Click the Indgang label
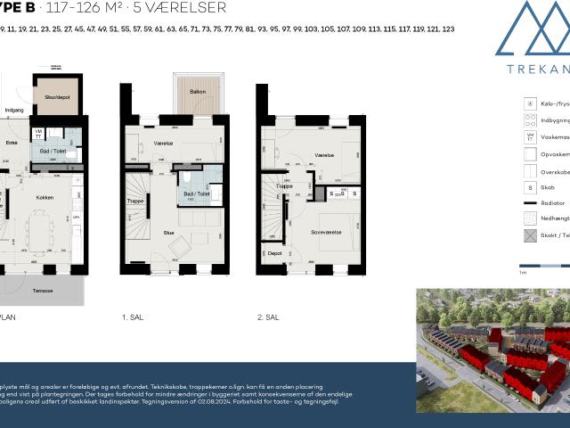pos(14,111)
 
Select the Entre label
pos(12,143)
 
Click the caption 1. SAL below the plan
pos(132,317)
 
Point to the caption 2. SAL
pos(267,317)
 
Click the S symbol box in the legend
pos(530,188)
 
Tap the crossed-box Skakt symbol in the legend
pos(530,235)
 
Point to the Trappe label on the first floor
pos(135,202)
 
